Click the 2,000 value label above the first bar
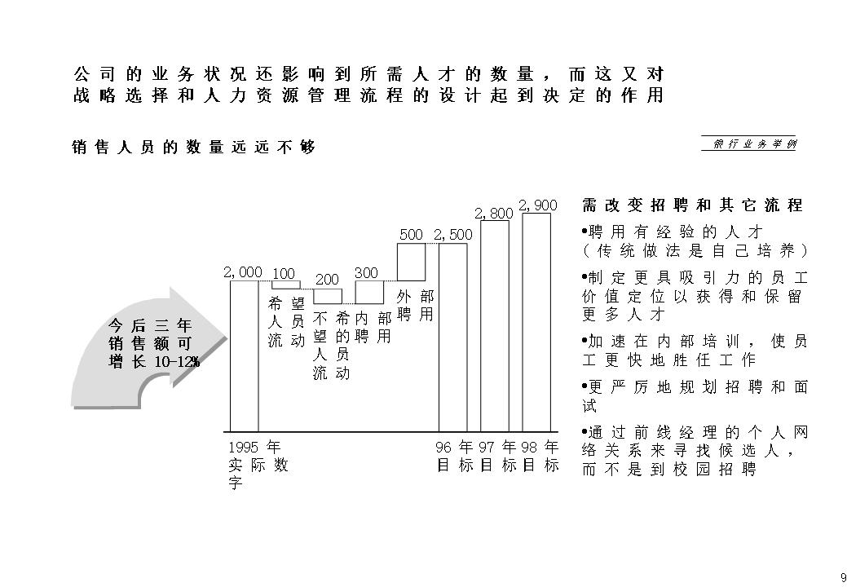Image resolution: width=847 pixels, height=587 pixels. [x=242, y=272]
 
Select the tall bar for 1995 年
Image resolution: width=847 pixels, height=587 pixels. [x=244, y=355]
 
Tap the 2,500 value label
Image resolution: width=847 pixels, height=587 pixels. [x=453, y=235]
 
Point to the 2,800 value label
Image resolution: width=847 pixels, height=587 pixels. [x=494, y=214]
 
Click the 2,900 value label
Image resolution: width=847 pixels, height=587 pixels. [x=537, y=205]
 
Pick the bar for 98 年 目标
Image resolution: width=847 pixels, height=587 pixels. [x=536, y=321]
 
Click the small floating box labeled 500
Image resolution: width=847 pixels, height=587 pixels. [x=411, y=262]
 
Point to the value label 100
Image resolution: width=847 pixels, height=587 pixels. [x=283, y=273]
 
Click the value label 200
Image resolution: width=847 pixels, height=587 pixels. [x=327, y=280]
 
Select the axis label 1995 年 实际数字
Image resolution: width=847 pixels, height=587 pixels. [x=257, y=466]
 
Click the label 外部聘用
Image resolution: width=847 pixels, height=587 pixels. [x=415, y=305]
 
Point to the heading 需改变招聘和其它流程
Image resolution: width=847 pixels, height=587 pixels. [x=693, y=205]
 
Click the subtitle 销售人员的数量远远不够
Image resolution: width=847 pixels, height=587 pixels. [x=193, y=148]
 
